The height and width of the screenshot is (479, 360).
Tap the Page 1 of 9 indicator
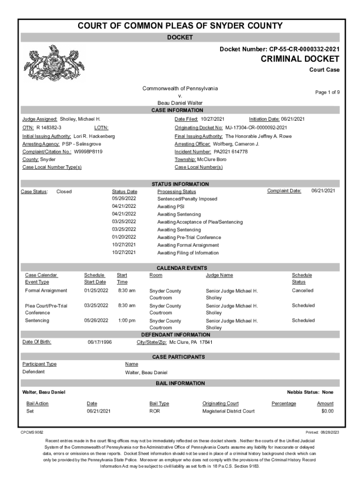(x=327, y=92)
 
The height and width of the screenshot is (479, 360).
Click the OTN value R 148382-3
(x=49, y=128)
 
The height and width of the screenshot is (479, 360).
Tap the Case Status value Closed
(x=64, y=191)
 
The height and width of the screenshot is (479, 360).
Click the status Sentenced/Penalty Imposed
(x=187, y=199)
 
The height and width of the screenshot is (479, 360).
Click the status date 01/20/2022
(x=124, y=237)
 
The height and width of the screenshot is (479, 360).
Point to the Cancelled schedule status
(x=302, y=290)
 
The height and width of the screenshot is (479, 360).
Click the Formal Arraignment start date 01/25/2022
(x=96, y=290)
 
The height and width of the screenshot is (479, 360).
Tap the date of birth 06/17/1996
(x=100, y=342)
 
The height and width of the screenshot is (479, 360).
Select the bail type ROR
(x=155, y=411)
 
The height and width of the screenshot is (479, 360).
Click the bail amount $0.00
(x=327, y=411)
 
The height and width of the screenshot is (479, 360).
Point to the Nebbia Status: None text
(x=310, y=392)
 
